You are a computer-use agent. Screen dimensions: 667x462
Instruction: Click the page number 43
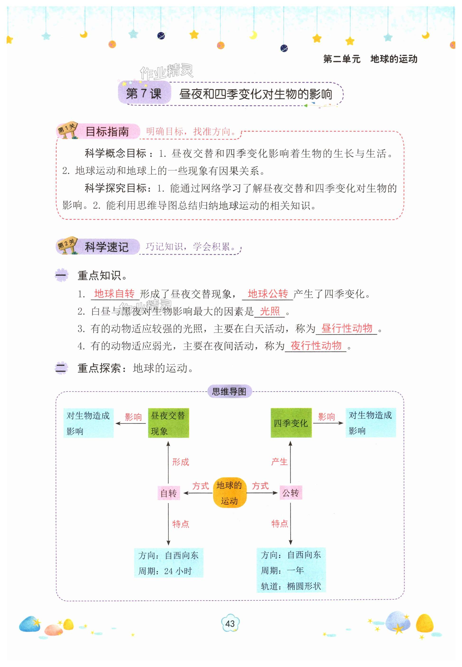click(230, 623)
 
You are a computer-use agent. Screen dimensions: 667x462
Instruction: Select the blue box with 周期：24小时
click(168, 563)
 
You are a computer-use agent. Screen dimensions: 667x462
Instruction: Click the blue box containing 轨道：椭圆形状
click(291, 570)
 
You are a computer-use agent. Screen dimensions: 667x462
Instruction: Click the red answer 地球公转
click(268, 294)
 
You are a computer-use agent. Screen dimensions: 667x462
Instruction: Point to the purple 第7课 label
click(144, 93)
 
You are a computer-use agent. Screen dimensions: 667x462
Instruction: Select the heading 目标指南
click(107, 132)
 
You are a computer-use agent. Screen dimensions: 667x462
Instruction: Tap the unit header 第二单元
click(342, 59)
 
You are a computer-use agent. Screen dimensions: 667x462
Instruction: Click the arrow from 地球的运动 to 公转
click(262, 493)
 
